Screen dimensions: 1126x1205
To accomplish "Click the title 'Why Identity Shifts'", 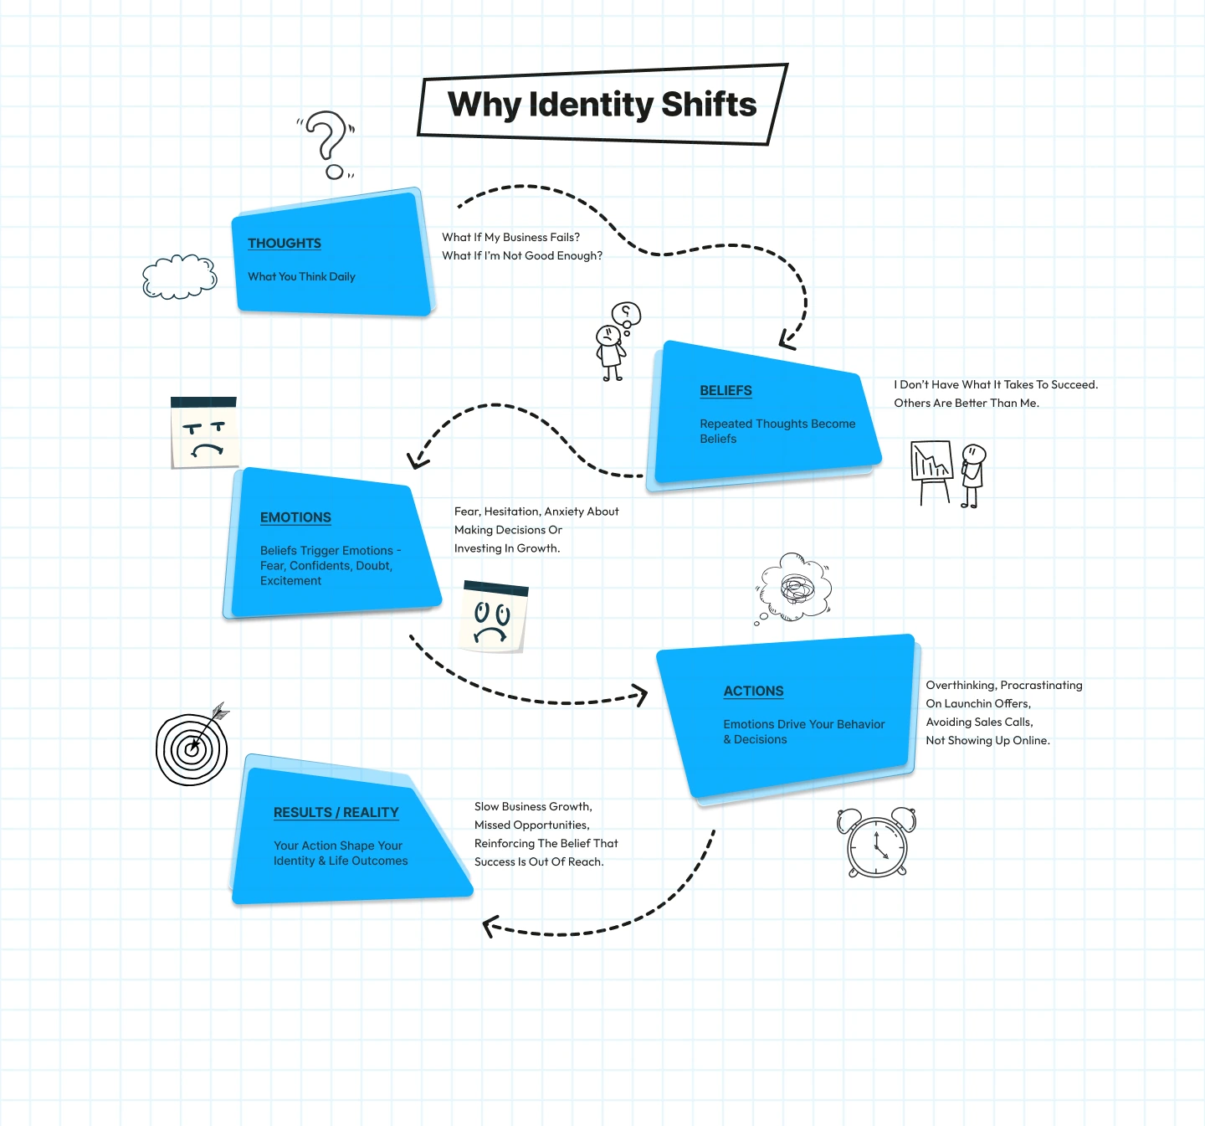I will click(x=602, y=105).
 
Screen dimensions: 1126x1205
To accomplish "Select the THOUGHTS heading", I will click(x=285, y=243).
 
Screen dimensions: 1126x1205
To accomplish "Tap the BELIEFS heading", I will click(x=726, y=390).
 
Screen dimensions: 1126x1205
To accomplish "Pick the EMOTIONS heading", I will click(x=295, y=517).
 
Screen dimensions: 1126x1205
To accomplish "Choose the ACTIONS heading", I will click(x=753, y=691).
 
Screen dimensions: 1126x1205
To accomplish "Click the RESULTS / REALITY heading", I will click(x=336, y=812).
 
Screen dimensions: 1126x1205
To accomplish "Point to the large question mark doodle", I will click(x=327, y=142).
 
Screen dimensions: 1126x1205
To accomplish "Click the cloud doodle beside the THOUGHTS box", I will click(x=179, y=276).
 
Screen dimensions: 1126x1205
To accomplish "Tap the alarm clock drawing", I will click(x=876, y=842).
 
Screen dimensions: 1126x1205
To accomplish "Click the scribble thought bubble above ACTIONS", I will click(x=795, y=587).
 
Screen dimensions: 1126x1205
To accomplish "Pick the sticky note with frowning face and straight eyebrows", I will click(x=204, y=432).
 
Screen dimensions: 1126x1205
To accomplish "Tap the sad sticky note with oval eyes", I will click(x=494, y=616).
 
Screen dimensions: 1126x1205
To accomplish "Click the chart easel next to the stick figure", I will click(x=931, y=470).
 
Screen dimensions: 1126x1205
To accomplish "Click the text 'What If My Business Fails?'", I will click(x=510, y=237).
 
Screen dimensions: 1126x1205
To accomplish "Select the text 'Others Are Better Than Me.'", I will click(x=966, y=403).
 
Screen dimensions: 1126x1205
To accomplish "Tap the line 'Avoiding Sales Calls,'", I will click(x=979, y=722).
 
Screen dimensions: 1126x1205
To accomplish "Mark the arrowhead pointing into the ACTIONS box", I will click(x=640, y=694).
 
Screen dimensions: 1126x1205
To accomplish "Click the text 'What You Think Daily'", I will click(x=301, y=276).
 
